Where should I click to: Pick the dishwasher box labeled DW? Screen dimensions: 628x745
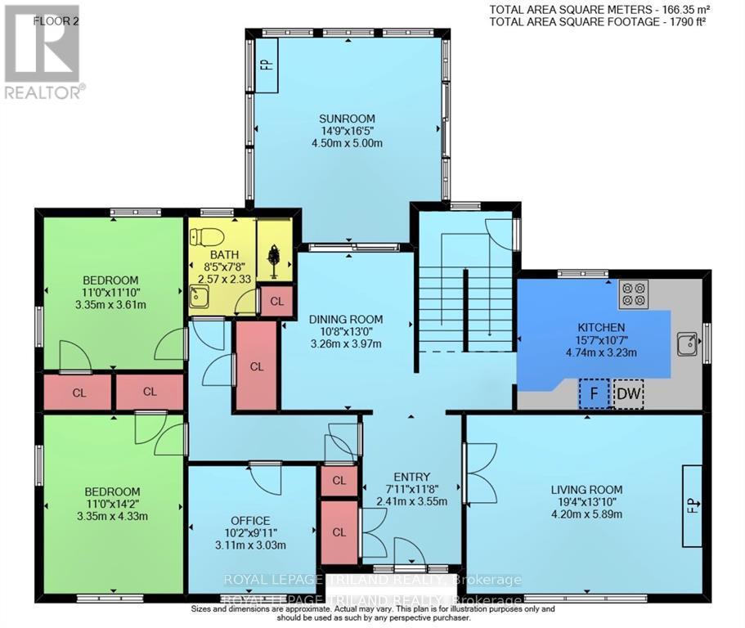(x=628, y=395)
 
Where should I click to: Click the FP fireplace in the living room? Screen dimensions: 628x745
(x=691, y=506)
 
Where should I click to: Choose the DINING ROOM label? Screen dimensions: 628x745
(x=347, y=320)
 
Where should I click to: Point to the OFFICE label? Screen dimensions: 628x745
(x=250, y=520)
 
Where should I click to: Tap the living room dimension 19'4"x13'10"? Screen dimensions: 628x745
(x=588, y=503)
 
